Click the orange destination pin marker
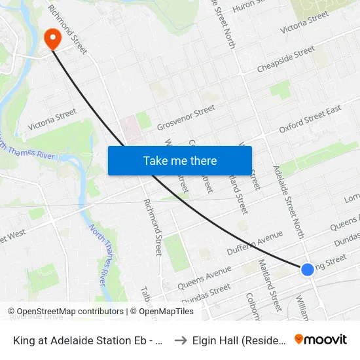tap(52, 39)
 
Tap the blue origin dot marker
tap(307, 269)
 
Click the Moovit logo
tap(321, 339)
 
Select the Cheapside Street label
tap(286, 59)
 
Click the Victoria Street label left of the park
tap(52, 119)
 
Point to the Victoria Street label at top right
tap(304, 23)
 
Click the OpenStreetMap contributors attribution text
tap(66, 312)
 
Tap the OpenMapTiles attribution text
tap(162, 312)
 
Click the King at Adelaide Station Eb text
tap(88, 340)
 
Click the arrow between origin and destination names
tap(181, 340)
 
